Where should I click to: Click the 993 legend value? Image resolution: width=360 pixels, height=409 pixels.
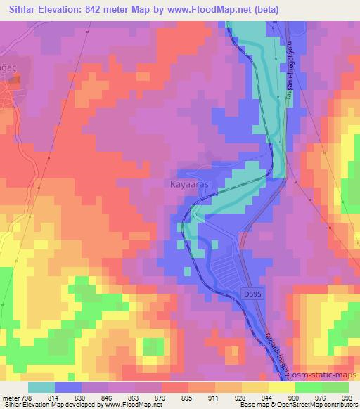point(347,398)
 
